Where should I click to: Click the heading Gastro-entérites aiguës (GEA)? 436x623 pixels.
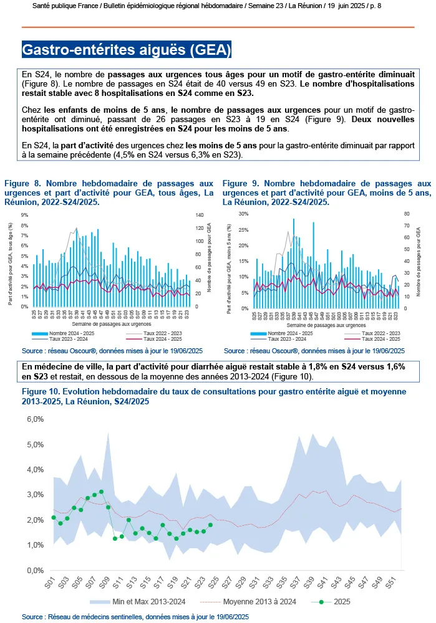coord(127,49)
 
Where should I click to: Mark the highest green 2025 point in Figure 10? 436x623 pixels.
coord(101,492)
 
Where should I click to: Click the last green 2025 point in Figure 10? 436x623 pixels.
coord(210,525)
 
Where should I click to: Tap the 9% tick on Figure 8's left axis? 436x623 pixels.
coord(25,216)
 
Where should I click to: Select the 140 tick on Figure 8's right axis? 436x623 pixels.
coord(201,216)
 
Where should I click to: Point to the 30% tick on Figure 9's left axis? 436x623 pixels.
coord(243,214)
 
